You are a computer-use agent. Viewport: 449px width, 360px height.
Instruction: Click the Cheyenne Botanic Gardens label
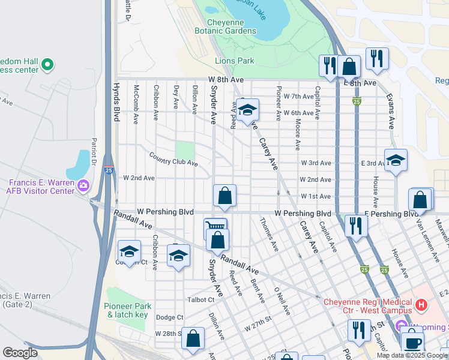pyautogui.click(x=226, y=26)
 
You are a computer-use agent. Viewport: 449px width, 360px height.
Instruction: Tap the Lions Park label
pyautogui.click(x=235, y=61)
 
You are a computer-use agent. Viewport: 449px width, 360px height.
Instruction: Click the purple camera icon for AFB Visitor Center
pyautogui.click(x=82, y=187)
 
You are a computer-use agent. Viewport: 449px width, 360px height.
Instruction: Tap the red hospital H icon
pyautogui.click(x=421, y=305)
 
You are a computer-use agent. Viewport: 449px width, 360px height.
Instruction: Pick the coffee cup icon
pyautogui.click(x=412, y=343)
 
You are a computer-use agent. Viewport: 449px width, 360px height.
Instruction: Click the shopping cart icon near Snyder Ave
pyautogui.click(x=215, y=227)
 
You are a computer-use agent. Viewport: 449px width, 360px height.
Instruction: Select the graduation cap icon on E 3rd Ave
pyautogui.click(x=396, y=160)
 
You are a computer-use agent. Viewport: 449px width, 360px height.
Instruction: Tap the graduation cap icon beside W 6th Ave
pyautogui.click(x=247, y=110)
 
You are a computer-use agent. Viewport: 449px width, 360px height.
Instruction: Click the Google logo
pyautogui.click(x=20, y=353)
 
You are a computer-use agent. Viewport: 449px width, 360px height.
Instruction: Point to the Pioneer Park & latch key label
pyautogui.click(x=125, y=310)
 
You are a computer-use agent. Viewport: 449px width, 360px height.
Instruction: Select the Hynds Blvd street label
pyautogui.click(x=117, y=102)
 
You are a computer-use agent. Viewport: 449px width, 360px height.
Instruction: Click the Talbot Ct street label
pyautogui.click(x=202, y=299)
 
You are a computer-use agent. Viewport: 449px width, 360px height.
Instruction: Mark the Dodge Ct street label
pyautogui.click(x=169, y=317)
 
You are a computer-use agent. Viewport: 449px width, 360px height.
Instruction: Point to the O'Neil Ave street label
pyautogui.click(x=282, y=302)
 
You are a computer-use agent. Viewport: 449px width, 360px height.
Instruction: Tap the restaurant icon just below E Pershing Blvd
pyautogui.click(x=357, y=226)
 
